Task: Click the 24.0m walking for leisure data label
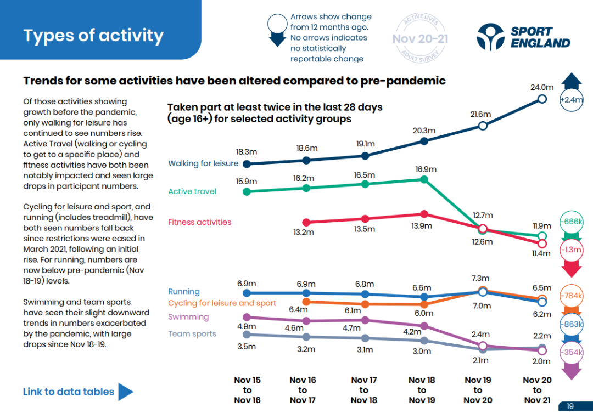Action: pos(542,87)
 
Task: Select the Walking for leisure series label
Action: pos(203,163)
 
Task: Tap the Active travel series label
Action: pos(192,191)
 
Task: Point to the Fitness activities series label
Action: pos(199,222)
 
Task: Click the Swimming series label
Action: pos(188,317)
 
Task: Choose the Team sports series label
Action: pos(192,334)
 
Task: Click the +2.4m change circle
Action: pos(571,100)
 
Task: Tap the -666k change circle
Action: pos(571,222)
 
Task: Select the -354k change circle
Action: pos(571,352)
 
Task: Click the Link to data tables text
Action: pos(68,392)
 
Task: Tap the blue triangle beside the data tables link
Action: pos(125,392)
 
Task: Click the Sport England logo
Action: pos(523,36)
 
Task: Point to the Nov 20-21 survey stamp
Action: pos(421,38)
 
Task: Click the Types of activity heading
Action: pos(93,36)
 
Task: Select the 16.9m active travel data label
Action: pos(426,169)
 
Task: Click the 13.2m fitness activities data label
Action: pos(303,233)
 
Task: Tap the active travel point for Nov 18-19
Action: pos(424,179)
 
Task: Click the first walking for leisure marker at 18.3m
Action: pos(247,164)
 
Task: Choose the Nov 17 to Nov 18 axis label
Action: pos(363,390)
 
